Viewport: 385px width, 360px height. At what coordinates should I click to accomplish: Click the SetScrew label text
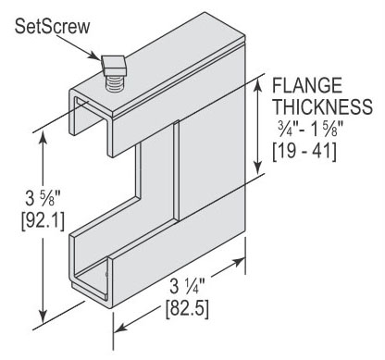tap(53, 26)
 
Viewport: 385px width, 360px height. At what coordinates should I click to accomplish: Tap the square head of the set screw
tap(113, 66)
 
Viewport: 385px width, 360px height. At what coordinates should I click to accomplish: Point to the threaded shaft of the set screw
tap(114, 83)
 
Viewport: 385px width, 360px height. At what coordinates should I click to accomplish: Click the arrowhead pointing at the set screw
tap(96, 56)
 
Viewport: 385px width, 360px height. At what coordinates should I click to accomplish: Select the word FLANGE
tap(307, 85)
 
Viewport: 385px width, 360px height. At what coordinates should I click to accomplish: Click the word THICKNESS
tap(323, 106)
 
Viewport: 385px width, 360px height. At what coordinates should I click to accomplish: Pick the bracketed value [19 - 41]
tap(304, 152)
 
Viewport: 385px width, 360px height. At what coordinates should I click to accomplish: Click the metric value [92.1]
tap(43, 221)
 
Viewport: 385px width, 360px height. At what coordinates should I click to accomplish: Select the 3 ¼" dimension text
tap(187, 286)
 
